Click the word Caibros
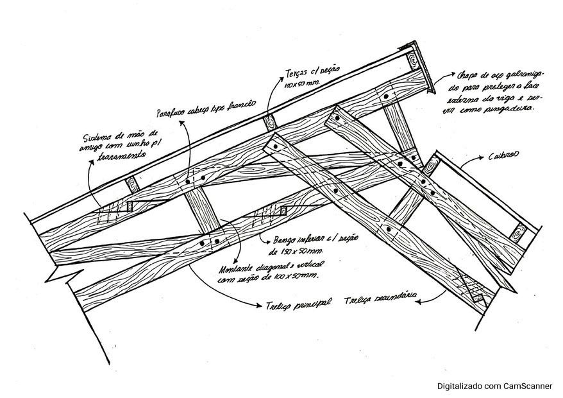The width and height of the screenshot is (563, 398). tap(503, 156)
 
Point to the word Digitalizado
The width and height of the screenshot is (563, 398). tap(460, 386)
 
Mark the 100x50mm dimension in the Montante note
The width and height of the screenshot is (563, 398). tap(299, 275)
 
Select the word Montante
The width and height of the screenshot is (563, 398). tap(228, 268)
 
